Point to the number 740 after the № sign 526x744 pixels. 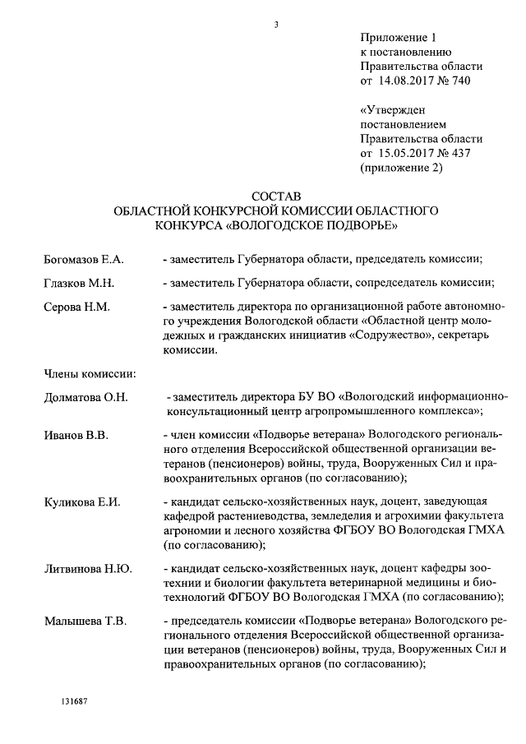(x=463, y=81)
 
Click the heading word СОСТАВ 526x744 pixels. (x=276, y=196)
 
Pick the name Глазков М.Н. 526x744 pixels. (x=79, y=284)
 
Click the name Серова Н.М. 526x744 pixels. (x=76, y=307)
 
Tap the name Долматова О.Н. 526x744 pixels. (x=86, y=398)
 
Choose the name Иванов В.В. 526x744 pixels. (x=76, y=434)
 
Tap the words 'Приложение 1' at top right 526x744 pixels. (x=396, y=38)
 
